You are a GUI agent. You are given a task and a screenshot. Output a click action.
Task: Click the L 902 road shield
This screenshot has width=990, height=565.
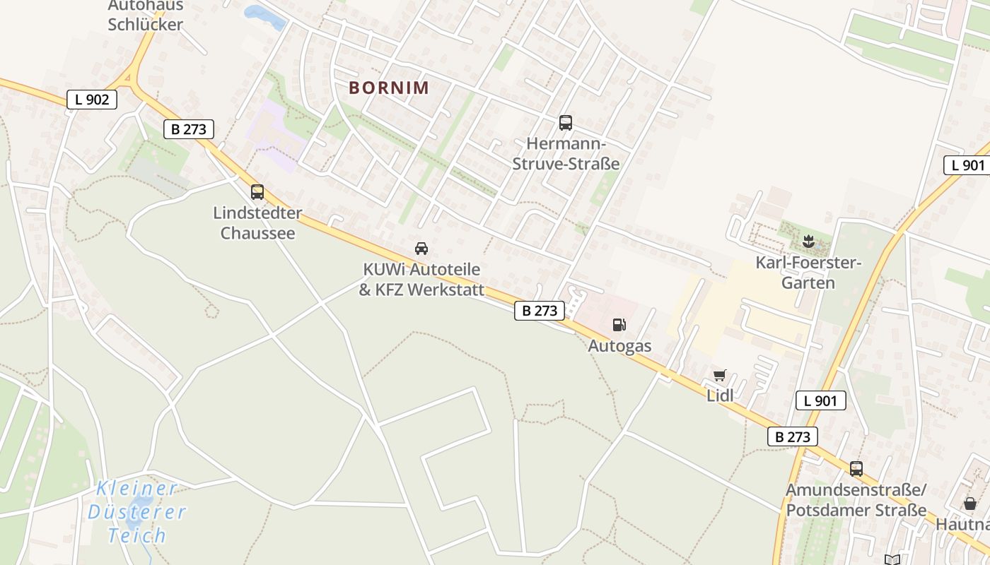92,100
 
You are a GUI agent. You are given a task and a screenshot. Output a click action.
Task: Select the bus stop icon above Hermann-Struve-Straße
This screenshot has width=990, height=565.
565,123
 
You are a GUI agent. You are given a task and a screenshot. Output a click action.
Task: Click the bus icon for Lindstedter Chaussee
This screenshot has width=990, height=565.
257,191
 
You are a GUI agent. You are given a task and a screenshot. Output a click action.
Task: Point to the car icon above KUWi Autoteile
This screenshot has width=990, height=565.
421,248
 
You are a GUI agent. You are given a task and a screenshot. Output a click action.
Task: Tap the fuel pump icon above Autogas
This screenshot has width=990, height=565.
619,325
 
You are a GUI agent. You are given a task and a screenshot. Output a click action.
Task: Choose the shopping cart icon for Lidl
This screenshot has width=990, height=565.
720,375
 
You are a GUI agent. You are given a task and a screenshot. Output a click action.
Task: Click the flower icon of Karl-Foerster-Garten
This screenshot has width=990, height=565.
808,242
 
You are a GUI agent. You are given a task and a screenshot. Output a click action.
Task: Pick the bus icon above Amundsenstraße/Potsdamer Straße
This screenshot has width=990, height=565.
856,468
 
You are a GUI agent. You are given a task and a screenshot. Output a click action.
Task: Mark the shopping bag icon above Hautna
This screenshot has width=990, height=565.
970,504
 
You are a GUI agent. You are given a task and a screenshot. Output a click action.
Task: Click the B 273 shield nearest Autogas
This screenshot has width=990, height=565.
540,311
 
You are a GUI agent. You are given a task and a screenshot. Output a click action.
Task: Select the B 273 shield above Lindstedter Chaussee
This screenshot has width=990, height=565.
188,129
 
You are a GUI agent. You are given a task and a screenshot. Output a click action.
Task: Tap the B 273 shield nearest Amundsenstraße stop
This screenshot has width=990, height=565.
793,436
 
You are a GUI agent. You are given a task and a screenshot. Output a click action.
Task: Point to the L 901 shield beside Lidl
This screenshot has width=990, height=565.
820,401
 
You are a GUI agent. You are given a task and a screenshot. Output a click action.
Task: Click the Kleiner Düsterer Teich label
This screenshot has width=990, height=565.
137,511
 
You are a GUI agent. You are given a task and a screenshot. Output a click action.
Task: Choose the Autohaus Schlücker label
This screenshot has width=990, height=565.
145,16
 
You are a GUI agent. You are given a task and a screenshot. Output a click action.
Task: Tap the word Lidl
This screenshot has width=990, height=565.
720,395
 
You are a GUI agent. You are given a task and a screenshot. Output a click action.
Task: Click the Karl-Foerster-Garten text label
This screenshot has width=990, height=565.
808,273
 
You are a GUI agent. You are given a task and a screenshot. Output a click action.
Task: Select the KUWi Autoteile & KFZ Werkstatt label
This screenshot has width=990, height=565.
421,280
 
